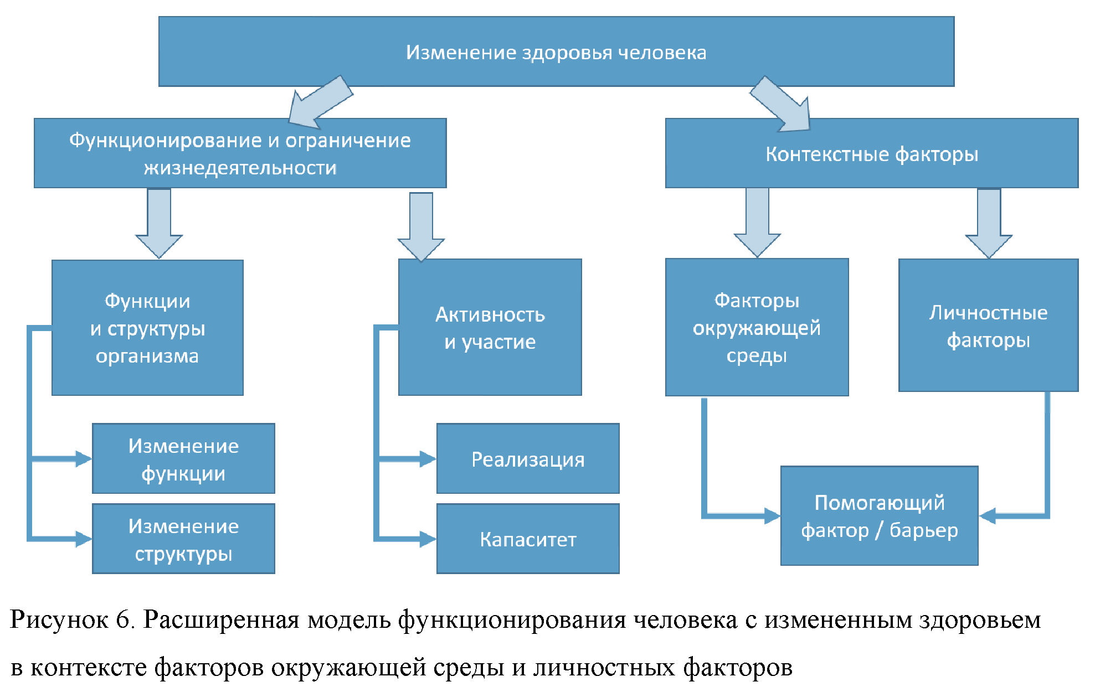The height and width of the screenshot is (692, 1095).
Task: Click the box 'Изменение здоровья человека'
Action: click(x=556, y=51)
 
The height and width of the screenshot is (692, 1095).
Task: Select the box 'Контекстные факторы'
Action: click(x=871, y=153)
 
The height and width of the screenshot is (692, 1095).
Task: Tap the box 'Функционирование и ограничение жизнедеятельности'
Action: click(x=240, y=153)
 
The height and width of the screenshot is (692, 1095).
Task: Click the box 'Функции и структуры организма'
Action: click(x=147, y=328)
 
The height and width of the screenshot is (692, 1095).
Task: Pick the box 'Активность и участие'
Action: click(x=490, y=328)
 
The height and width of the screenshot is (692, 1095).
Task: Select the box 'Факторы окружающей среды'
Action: click(x=757, y=328)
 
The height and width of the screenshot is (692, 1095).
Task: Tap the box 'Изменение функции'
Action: click(x=183, y=459)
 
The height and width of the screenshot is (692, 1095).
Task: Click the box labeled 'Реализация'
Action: click(x=528, y=459)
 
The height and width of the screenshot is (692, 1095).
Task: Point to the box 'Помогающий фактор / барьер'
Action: click(x=879, y=516)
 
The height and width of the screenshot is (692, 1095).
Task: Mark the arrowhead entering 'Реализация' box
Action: click(x=428, y=459)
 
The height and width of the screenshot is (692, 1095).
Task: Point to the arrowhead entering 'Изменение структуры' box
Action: click(x=83, y=539)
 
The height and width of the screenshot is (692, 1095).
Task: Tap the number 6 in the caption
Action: click(x=122, y=619)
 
